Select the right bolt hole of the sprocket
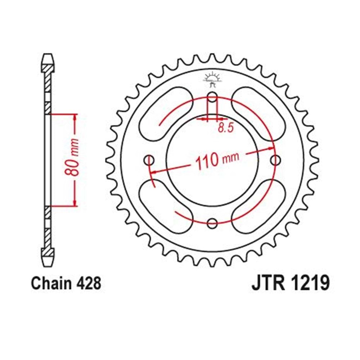(x=276, y=160)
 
